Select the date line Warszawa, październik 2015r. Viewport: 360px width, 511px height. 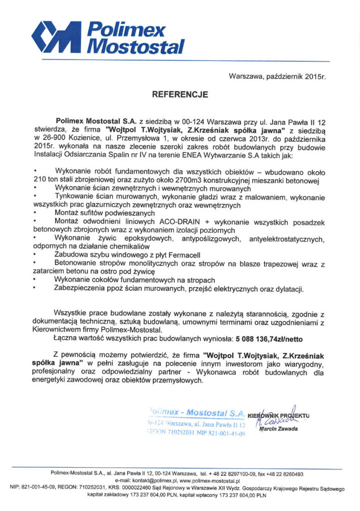click(x=277, y=76)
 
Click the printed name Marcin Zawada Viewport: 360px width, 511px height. click(x=280, y=429)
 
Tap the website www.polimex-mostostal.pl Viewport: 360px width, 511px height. click(x=207, y=480)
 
